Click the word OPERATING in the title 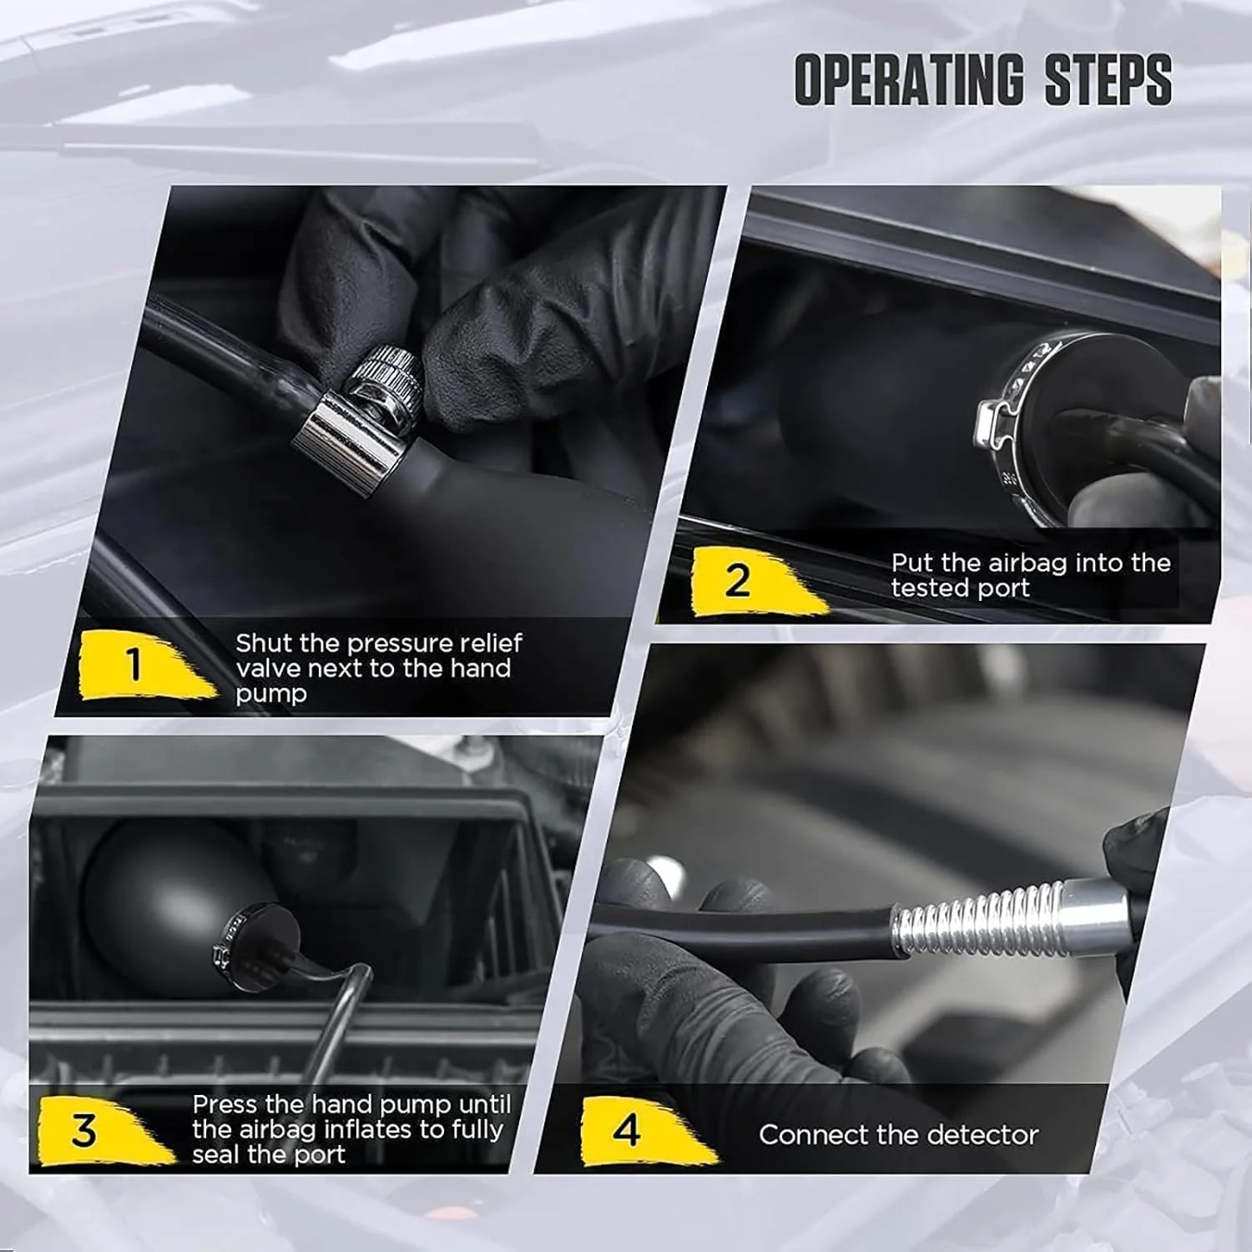click(908, 80)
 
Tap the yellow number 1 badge click(142, 665)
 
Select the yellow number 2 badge click(747, 579)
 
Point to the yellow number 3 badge click(96, 1130)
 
